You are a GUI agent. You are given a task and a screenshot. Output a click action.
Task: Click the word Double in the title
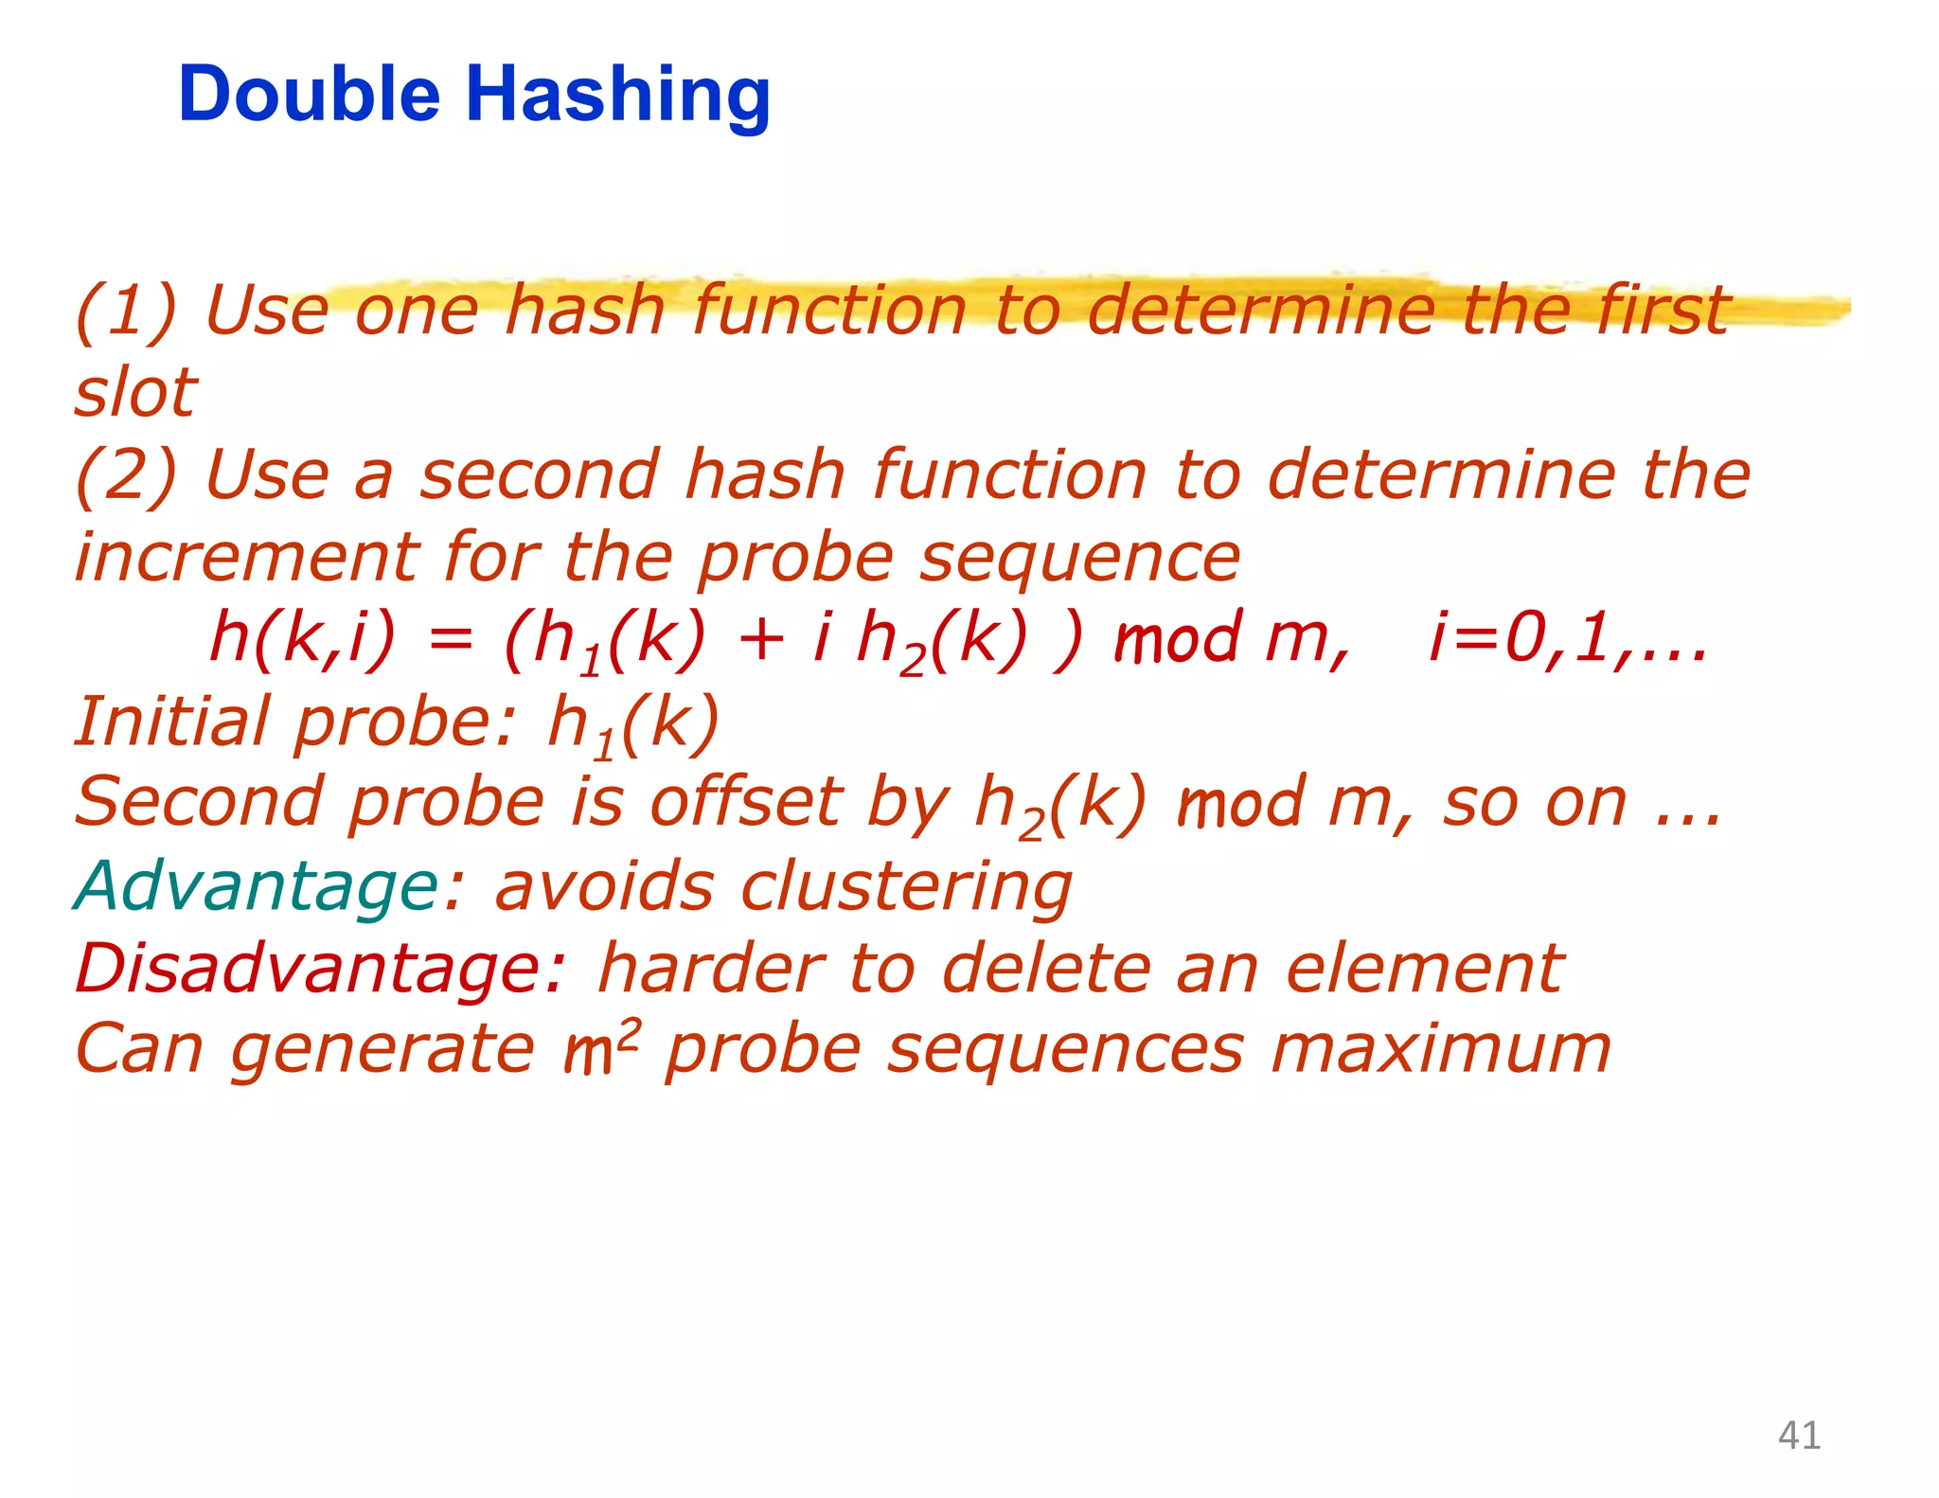[x=309, y=95]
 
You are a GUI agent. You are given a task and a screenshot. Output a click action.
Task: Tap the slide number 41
[x=1799, y=1436]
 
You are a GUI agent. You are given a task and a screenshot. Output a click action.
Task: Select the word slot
[x=135, y=392]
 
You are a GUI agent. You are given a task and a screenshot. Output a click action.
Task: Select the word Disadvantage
[x=319, y=969]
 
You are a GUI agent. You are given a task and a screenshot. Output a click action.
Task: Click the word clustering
[x=906, y=888]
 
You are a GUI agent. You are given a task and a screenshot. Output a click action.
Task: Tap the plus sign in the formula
[x=760, y=639]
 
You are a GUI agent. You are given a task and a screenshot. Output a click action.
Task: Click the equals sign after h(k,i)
[x=450, y=641]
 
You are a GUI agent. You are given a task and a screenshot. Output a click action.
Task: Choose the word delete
[x=1047, y=969]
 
